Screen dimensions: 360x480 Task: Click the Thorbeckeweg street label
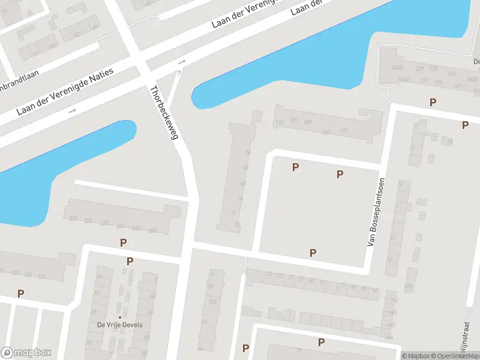(164, 113)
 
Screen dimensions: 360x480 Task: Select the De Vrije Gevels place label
(118, 325)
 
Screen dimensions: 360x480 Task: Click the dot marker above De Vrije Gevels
(119, 317)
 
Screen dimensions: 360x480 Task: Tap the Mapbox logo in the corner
(26, 353)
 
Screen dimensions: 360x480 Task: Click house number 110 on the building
(279, 123)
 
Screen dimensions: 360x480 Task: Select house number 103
(344, 130)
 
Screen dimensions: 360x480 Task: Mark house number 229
(73, 219)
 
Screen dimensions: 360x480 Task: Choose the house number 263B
(397, 67)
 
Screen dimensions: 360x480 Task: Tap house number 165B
(403, 79)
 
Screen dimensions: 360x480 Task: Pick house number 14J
(394, 299)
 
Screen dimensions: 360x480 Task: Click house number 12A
(409, 286)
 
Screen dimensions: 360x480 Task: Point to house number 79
(298, 350)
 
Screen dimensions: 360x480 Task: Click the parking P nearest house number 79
(322, 343)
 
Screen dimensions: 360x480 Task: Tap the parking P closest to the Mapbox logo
(21, 293)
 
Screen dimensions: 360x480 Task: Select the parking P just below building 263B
(433, 103)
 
